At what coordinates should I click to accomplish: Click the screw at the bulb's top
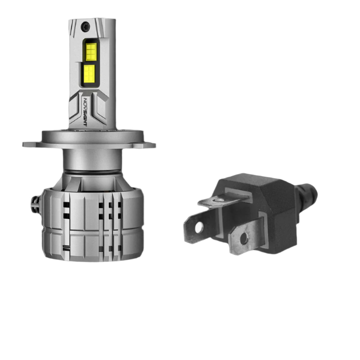coord(85,27)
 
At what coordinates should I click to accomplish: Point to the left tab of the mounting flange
coord(30,144)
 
